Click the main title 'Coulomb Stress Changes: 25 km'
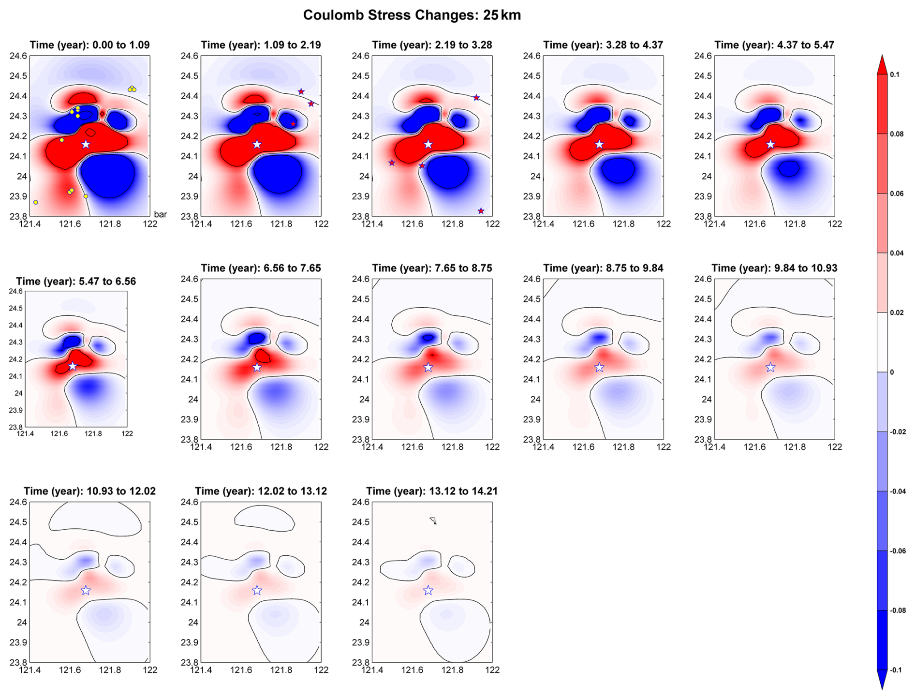(x=412, y=15)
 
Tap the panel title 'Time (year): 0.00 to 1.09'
(x=89, y=45)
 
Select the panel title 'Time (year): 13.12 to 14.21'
(x=431, y=491)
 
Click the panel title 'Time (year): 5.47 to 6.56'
(x=76, y=282)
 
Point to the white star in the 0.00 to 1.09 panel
(x=86, y=144)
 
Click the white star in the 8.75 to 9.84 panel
(x=599, y=368)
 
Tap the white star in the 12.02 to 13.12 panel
(x=257, y=591)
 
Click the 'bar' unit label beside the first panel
(x=160, y=214)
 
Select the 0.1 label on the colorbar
(x=895, y=74)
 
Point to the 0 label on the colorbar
(x=892, y=372)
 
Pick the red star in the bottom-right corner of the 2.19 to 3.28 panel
(x=481, y=211)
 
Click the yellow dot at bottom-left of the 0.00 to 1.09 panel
(x=36, y=202)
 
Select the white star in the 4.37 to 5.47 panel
(x=770, y=144)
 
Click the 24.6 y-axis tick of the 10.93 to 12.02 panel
(x=18, y=502)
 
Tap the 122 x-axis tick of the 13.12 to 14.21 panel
(x=492, y=670)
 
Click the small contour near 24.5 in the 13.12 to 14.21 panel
(x=433, y=521)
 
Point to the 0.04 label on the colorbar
(x=897, y=253)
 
